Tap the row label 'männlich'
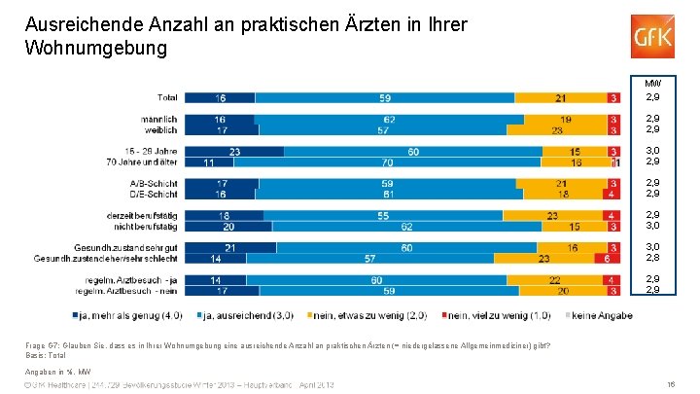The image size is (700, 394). pos(159,119)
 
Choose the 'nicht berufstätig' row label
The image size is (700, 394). pos(143,226)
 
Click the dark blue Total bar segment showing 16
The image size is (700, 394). pos(221,97)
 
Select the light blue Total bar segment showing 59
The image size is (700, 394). pos(385,97)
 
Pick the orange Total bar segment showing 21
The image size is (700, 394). pos(560,97)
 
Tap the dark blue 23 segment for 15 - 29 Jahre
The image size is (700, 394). pos(234,151)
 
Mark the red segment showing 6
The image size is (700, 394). pos(608,260)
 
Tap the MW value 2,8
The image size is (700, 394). pos(653,260)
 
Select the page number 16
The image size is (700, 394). pos(672,385)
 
